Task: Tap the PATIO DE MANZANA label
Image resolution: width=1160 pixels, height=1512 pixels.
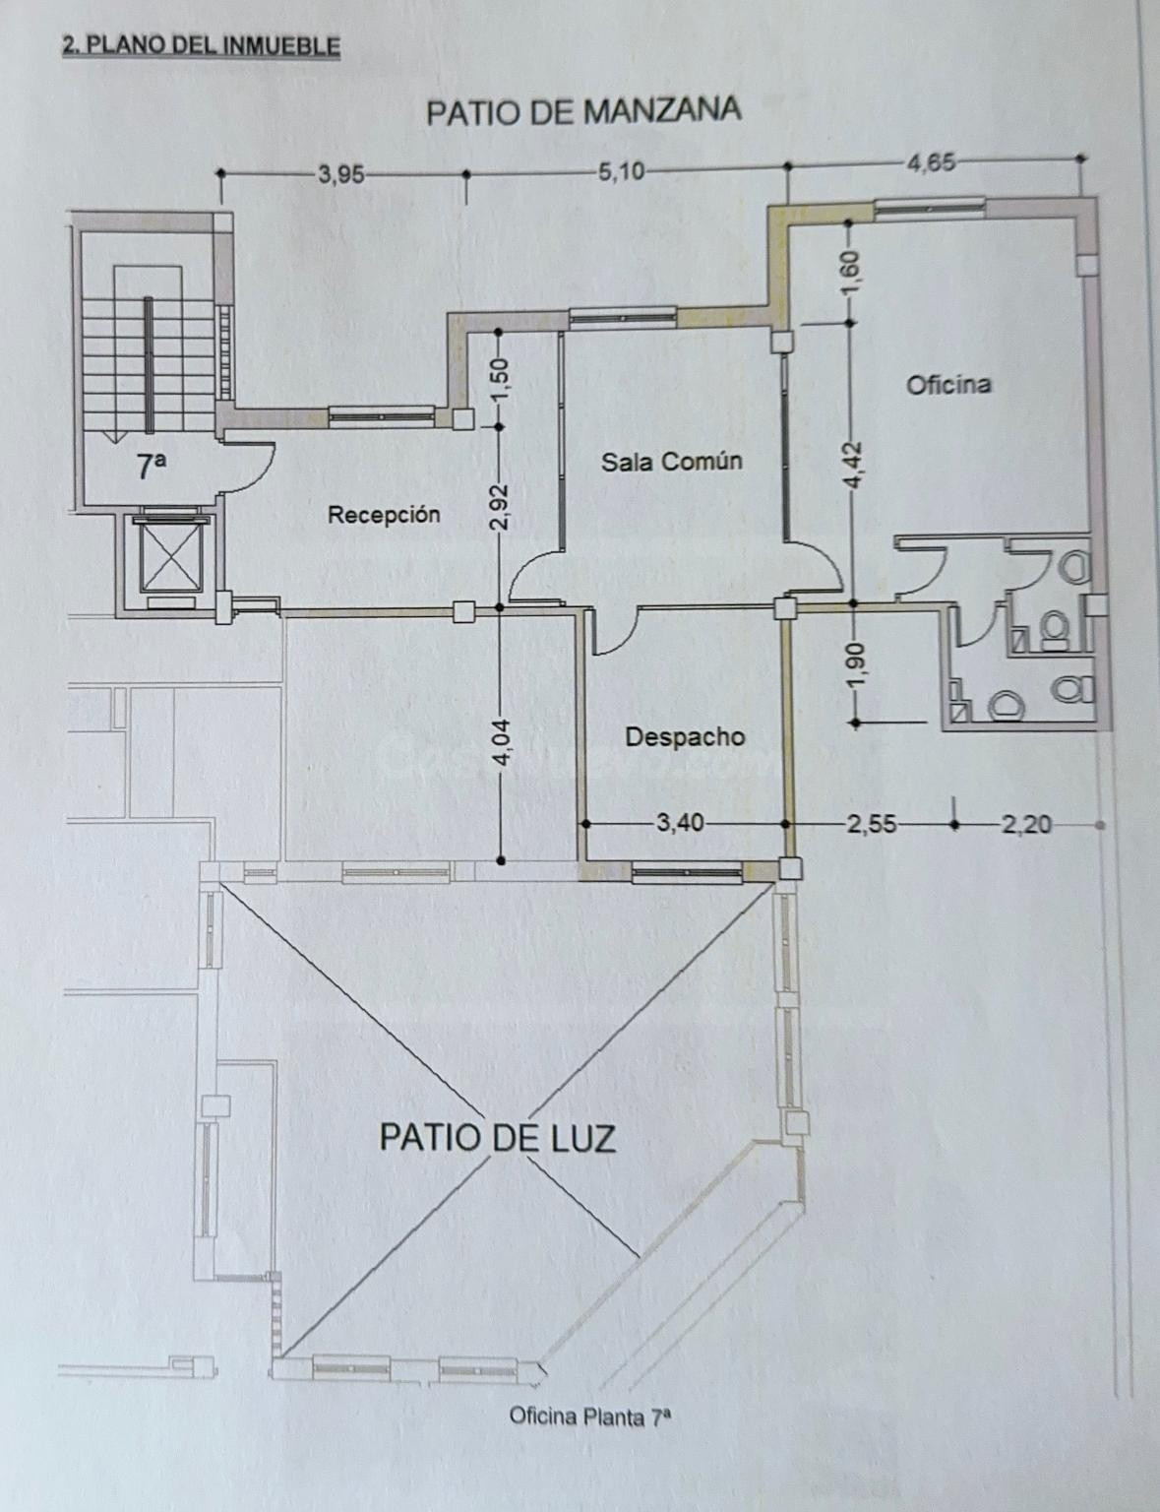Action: point(583,112)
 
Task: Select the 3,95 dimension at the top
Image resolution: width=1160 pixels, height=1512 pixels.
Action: point(340,174)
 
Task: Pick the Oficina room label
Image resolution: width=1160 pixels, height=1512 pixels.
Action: point(948,385)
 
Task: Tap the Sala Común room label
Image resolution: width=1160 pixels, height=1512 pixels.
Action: point(672,462)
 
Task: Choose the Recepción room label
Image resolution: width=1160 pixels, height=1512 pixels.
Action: point(384,515)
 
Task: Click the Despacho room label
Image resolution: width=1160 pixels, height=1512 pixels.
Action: point(685,737)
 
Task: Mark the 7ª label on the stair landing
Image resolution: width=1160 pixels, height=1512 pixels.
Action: point(152,467)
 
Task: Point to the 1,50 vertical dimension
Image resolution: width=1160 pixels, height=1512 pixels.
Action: point(504,376)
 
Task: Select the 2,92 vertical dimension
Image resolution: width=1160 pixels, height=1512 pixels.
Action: point(503,507)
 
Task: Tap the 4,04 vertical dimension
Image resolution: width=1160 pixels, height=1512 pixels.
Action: point(504,743)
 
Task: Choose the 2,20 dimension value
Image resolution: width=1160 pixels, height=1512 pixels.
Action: point(1026,826)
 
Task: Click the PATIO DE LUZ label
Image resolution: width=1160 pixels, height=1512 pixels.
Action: point(498,1137)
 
